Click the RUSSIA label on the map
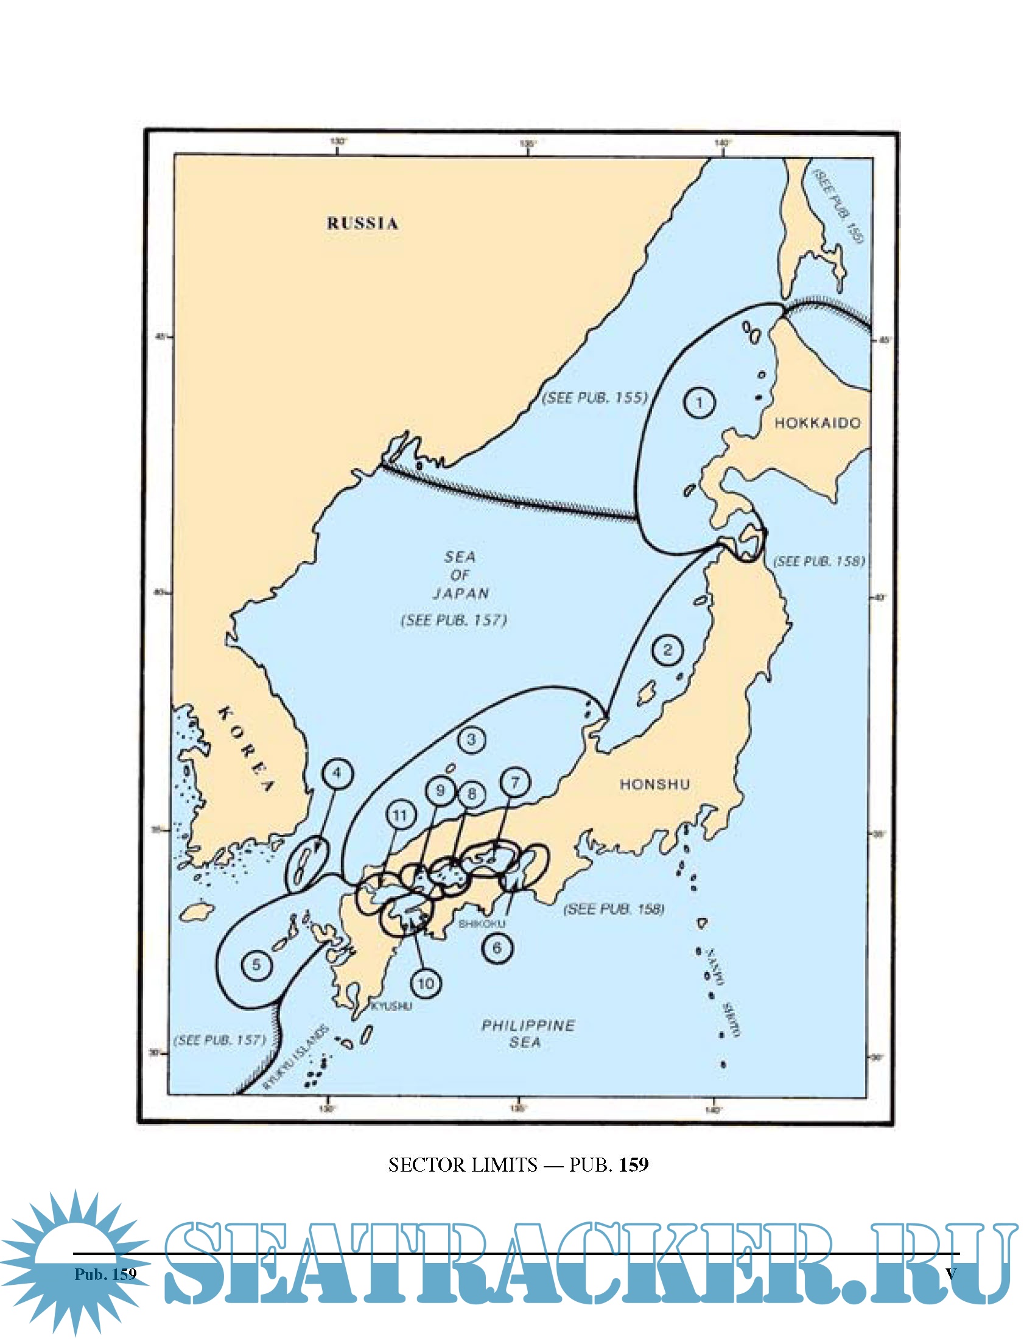tap(362, 223)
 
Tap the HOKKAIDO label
tap(816, 423)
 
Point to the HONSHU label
tap(654, 784)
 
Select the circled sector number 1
tap(699, 403)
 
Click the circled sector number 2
tap(668, 649)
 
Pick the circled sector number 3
tap(471, 740)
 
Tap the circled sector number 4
tap(337, 774)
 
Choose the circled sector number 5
tap(256, 965)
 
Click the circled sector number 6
tap(497, 948)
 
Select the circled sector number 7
tap(515, 783)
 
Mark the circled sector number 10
tap(426, 984)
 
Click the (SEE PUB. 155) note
tap(595, 397)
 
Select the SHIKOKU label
tap(482, 924)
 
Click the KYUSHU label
tap(392, 1006)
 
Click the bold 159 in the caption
tap(634, 1165)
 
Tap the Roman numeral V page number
tap(950, 1273)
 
